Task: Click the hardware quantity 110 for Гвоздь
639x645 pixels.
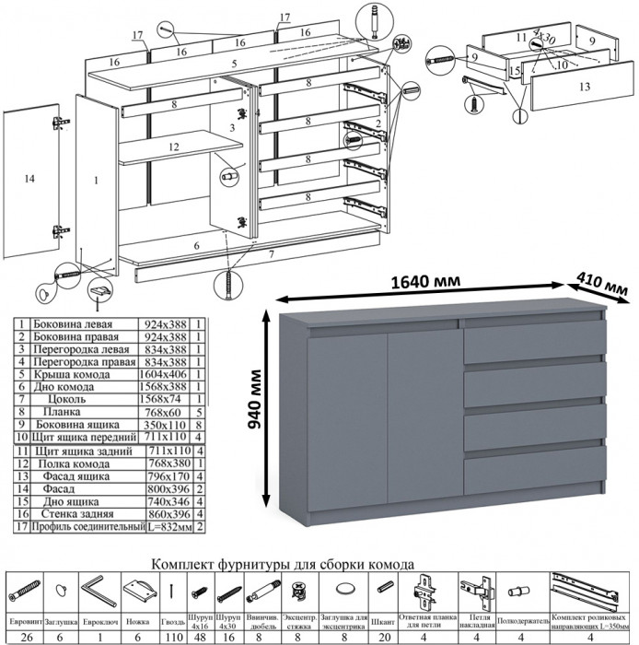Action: pyautogui.click(x=171, y=636)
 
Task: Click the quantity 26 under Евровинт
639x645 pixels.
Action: pyautogui.click(x=26, y=636)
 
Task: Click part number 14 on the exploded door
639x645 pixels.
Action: pyautogui.click(x=30, y=180)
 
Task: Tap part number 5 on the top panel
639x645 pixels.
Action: pyautogui.click(x=235, y=64)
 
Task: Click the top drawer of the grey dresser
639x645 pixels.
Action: pyautogui.click(x=533, y=345)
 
